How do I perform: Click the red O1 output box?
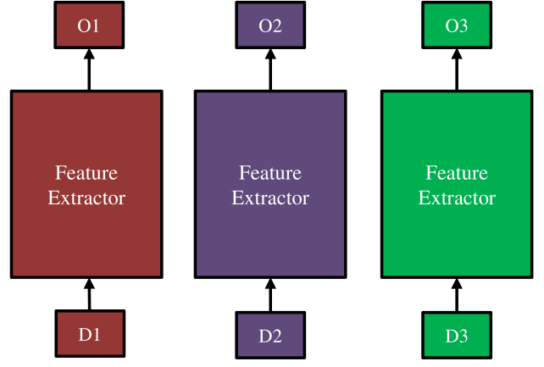tap(89, 25)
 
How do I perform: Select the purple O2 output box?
tap(270, 25)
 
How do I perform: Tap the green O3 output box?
tap(457, 25)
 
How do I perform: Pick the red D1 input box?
tap(90, 334)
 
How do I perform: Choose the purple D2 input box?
tap(270, 335)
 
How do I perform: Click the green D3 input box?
tap(457, 335)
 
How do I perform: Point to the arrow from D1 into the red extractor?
tap(90, 294)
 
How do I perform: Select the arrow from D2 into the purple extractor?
tap(270, 295)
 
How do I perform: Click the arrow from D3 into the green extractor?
tap(457, 295)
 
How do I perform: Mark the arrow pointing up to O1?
tap(89, 70)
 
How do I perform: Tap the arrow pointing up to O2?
tap(270, 70)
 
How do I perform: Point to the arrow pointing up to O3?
tap(457, 70)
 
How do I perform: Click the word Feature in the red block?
tap(86, 173)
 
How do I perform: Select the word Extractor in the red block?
tap(86, 198)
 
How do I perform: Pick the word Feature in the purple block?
tap(270, 173)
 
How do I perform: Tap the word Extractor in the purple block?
tap(270, 198)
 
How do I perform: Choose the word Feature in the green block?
tap(457, 173)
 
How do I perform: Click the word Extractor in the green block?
tap(457, 198)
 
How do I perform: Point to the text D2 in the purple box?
tap(270, 336)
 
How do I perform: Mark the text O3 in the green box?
tap(457, 25)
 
